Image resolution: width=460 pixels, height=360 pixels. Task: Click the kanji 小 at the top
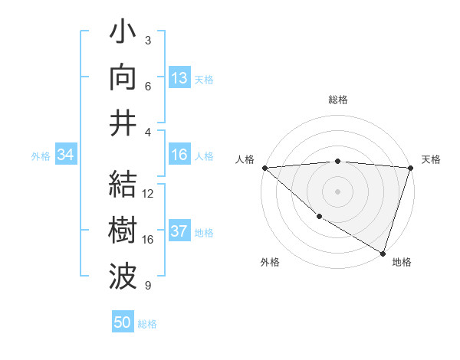tap(123, 34)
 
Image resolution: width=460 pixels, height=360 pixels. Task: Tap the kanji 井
tap(123, 124)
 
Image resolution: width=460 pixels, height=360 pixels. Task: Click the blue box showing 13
tap(179, 78)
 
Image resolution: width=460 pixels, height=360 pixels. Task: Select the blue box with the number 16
tap(179, 155)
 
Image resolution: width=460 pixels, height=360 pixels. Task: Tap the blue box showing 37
tap(179, 232)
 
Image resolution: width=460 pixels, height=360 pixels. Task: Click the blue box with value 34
tap(65, 155)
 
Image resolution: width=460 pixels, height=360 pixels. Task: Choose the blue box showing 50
tap(123, 322)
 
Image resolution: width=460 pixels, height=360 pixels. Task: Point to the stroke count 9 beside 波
tap(148, 286)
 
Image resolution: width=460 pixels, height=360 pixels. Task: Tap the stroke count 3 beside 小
tap(148, 41)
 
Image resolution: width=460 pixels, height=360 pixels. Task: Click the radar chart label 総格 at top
tap(338, 100)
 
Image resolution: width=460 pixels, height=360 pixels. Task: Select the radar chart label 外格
tap(270, 262)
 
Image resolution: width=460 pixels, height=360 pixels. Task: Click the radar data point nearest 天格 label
tap(410, 168)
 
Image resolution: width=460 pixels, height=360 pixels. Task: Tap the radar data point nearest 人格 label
tap(264, 168)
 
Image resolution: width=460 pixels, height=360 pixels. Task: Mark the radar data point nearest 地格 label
tap(382, 253)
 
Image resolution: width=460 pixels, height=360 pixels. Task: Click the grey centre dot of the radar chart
tap(338, 191)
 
